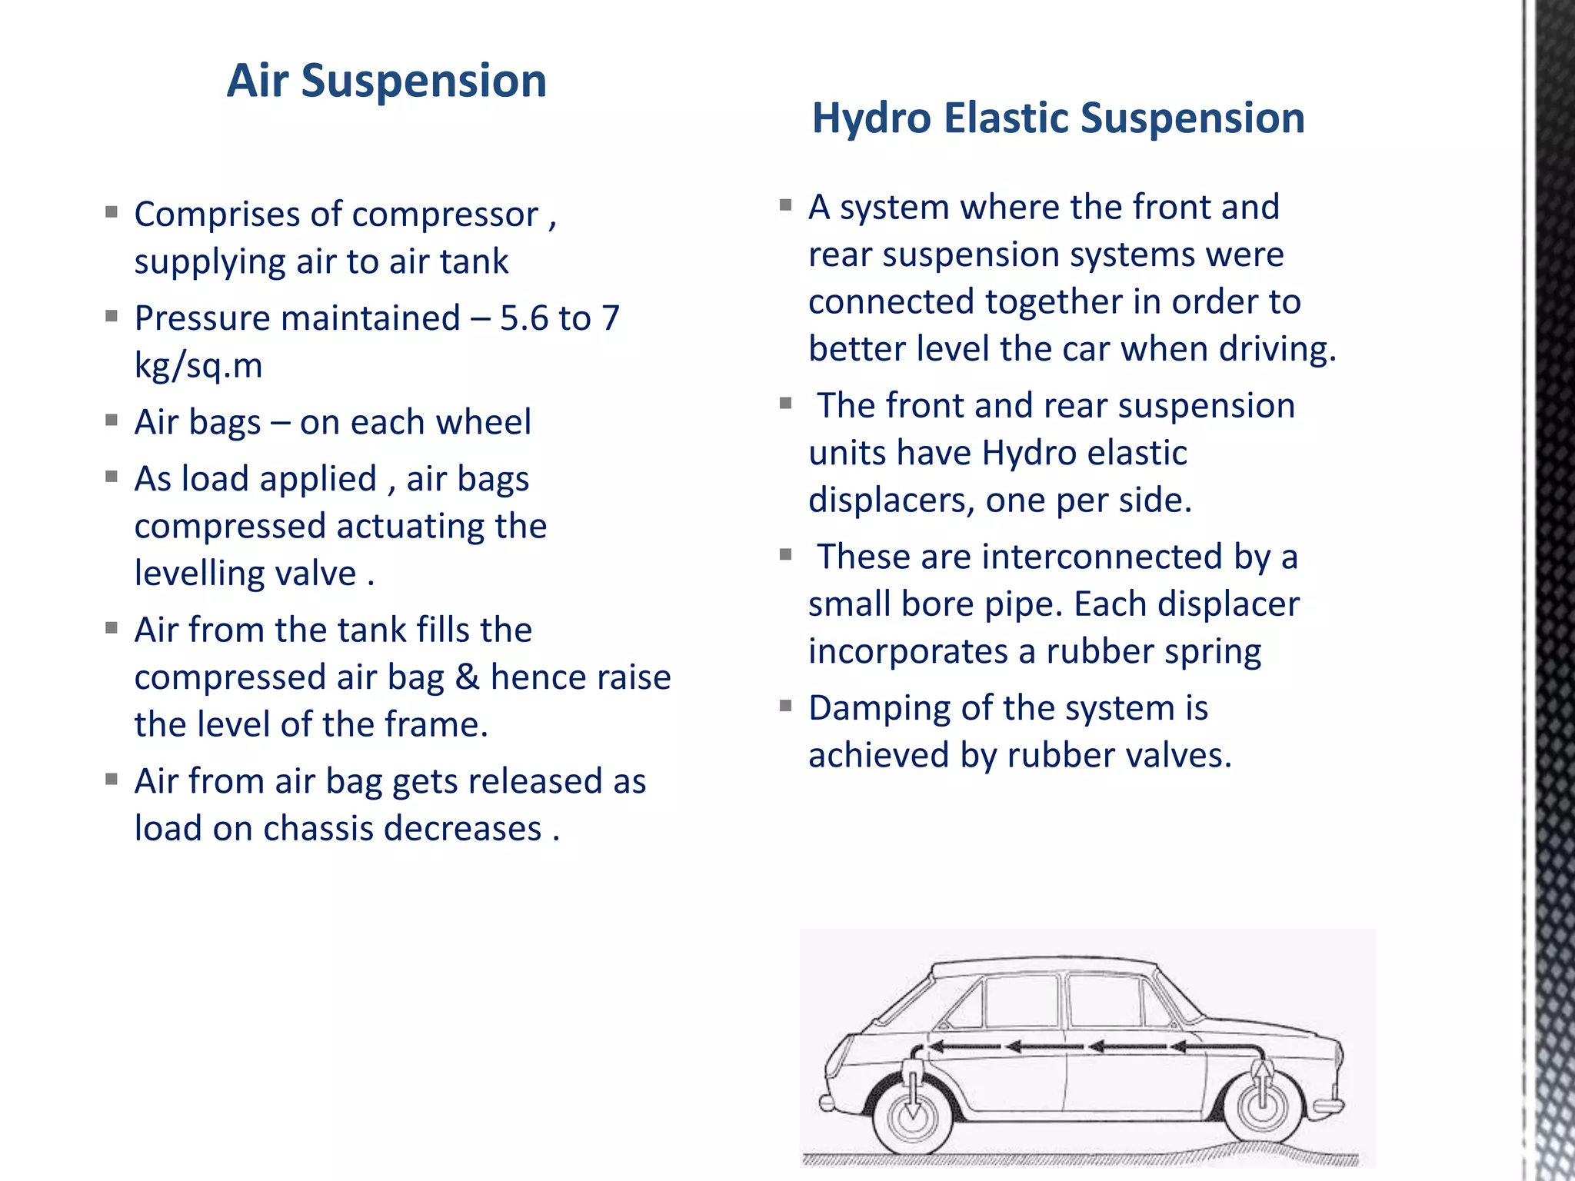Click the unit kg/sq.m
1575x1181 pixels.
pyautogui.click(x=198, y=365)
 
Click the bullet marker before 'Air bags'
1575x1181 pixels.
pyautogui.click(x=112, y=421)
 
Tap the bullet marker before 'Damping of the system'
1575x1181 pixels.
pyautogui.click(x=785, y=706)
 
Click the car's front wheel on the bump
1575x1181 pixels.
pyautogui.click(x=1262, y=1107)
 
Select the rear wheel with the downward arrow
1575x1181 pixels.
pyautogui.click(x=914, y=1115)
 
